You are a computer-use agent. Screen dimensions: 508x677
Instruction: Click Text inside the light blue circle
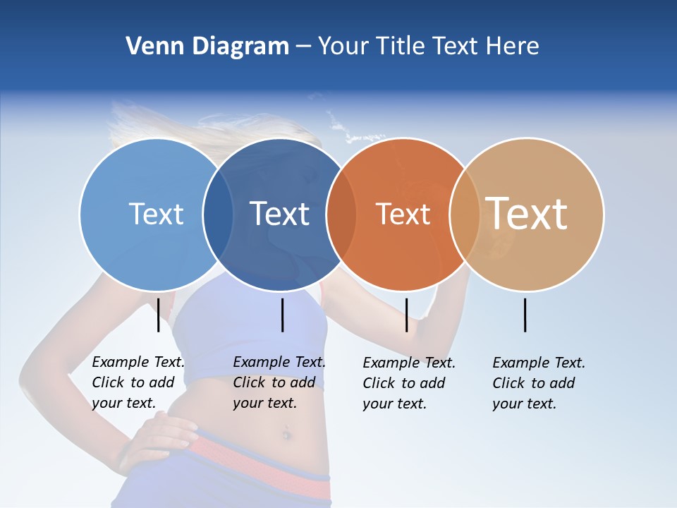(156, 214)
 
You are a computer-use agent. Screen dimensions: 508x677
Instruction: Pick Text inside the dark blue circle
(279, 214)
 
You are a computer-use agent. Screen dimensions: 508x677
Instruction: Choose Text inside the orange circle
(403, 214)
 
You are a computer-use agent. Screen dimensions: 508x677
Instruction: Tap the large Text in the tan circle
(527, 213)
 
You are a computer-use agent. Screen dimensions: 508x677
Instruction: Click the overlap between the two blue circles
(218, 214)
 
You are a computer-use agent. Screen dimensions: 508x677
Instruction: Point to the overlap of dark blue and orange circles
(341, 214)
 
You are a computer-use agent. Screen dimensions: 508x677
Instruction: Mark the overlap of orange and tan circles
(465, 214)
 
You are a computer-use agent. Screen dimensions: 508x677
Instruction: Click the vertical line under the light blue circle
(158, 315)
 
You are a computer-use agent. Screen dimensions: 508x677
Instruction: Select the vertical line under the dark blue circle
(282, 315)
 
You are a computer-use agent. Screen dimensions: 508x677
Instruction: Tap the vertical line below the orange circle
(406, 315)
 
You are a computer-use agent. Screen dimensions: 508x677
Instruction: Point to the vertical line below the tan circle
(525, 315)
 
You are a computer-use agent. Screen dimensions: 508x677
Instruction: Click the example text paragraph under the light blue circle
(138, 382)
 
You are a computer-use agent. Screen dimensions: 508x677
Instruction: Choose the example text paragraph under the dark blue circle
(279, 382)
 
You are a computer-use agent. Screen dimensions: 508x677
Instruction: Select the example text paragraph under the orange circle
(408, 383)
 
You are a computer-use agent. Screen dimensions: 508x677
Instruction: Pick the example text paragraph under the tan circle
(538, 383)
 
